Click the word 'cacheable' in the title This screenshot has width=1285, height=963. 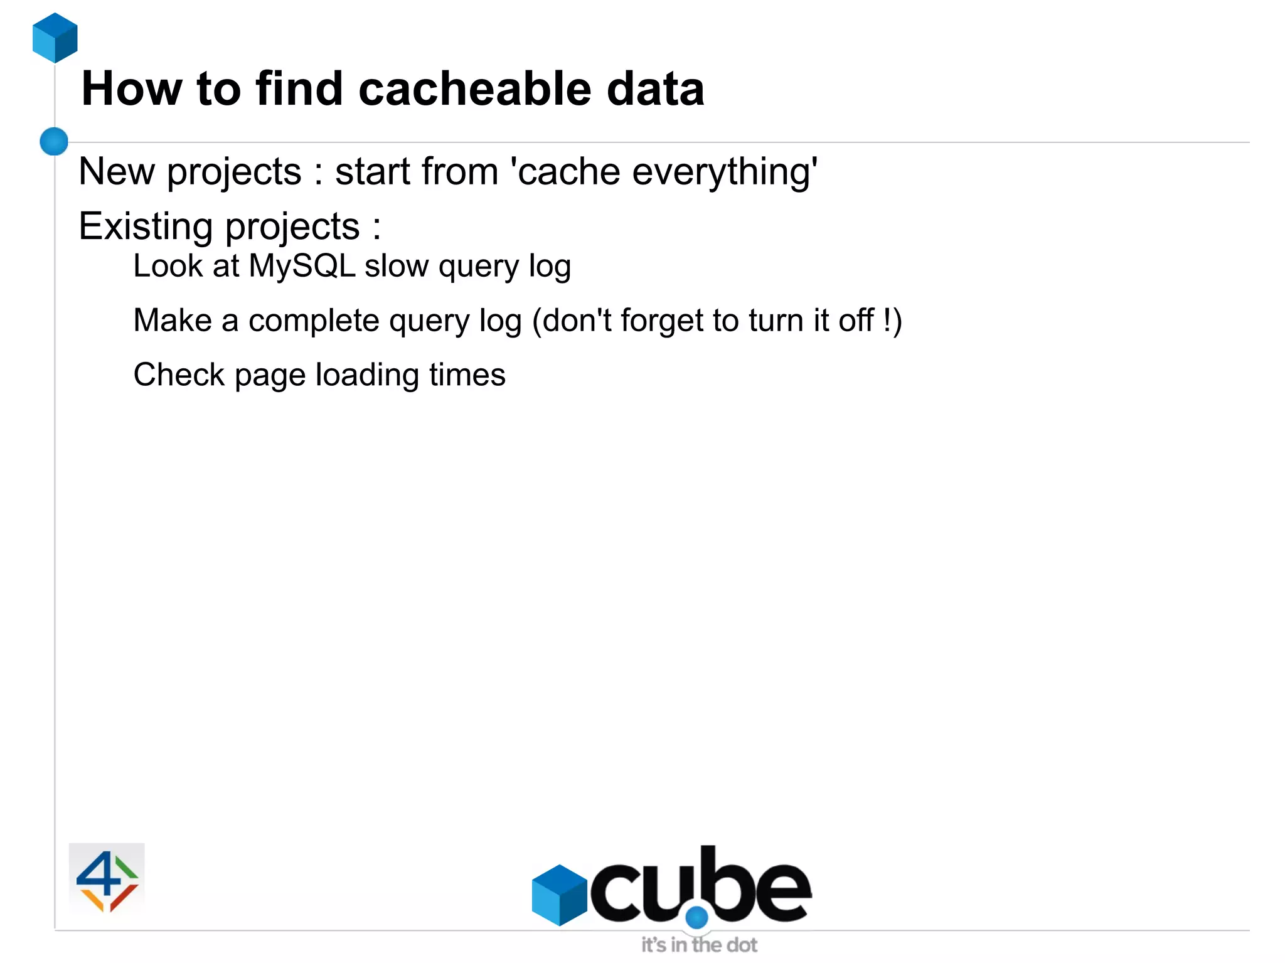point(474,88)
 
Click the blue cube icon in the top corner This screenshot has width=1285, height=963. point(55,38)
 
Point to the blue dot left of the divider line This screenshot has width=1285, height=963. point(54,141)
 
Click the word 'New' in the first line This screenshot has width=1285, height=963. point(117,171)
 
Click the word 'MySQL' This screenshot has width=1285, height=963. point(302,266)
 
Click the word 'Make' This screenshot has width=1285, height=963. point(173,321)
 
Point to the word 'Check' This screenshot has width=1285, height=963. point(179,375)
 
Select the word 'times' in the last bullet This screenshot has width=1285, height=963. point(467,375)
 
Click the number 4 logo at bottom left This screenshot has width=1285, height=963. point(107,880)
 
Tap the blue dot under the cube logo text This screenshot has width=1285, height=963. point(696,918)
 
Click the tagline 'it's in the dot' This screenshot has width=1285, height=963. point(699,945)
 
